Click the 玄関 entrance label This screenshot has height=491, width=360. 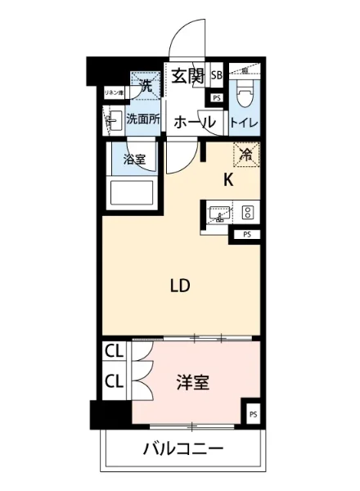click(x=187, y=77)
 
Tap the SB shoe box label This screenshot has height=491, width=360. click(x=217, y=76)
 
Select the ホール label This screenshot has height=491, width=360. click(x=195, y=123)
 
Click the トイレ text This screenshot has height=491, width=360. click(x=244, y=124)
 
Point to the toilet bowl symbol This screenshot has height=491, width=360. click(x=244, y=97)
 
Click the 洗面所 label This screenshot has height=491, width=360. click(x=142, y=119)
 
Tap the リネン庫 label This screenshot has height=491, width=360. click(x=112, y=93)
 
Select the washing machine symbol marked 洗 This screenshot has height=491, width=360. click(x=146, y=83)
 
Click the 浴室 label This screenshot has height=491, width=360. click(x=134, y=160)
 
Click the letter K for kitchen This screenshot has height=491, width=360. click(x=229, y=182)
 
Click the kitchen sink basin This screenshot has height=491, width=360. click(x=218, y=214)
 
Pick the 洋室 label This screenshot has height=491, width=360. click(x=192, y=382)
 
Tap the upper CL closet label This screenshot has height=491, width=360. click(x=114, y=353)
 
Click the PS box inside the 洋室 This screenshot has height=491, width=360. click(x=252, y=415)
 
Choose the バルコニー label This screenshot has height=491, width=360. click(x=182, y=449)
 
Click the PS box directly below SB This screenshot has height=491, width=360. click(x=216, y=98)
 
